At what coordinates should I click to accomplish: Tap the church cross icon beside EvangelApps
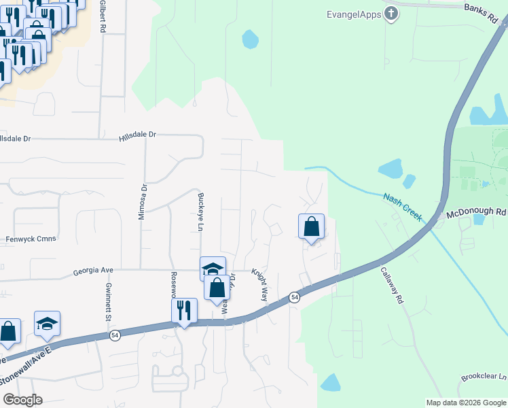(391, 13)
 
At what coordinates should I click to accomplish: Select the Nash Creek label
(403, 207)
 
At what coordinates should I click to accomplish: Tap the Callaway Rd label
(401, 284)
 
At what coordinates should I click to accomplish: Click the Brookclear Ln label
(484, 377)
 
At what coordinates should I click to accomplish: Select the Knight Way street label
(260, 284)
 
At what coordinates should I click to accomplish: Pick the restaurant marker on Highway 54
(184, 311)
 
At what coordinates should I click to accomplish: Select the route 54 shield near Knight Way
(294, 297)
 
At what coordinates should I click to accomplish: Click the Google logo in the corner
(22, 400)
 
